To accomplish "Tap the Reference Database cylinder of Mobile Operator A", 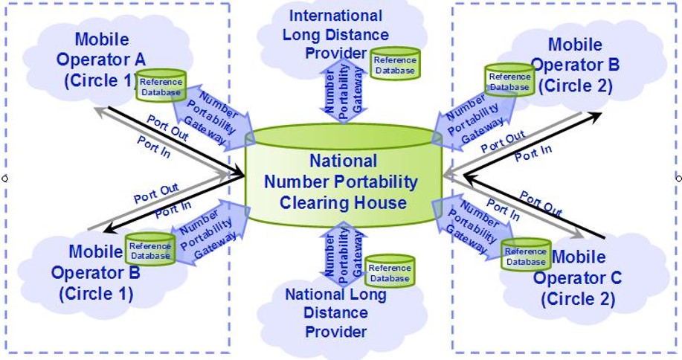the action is (161, 86).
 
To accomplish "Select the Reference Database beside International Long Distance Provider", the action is (395, 64).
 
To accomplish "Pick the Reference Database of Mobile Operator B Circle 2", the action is (509, 80).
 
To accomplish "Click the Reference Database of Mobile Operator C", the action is (526, 255).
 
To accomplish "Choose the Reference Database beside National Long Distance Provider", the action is (390, 271).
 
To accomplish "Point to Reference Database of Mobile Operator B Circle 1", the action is (150, 249).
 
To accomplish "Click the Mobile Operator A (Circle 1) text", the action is (102, 60).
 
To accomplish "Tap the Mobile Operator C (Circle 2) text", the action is (578, 277).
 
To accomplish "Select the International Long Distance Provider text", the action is (335, 34).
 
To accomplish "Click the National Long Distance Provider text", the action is (335, 312).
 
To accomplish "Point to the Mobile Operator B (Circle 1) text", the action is (96, 273).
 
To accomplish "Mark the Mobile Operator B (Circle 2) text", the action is (575, 65).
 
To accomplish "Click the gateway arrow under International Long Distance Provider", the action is (344, 91).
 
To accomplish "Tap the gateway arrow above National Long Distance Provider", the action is (344, 254).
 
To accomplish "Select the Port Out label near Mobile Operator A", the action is (167, 128).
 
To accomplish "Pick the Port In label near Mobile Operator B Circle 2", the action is (533, 153).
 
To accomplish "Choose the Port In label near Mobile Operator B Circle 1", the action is (173, 210).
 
